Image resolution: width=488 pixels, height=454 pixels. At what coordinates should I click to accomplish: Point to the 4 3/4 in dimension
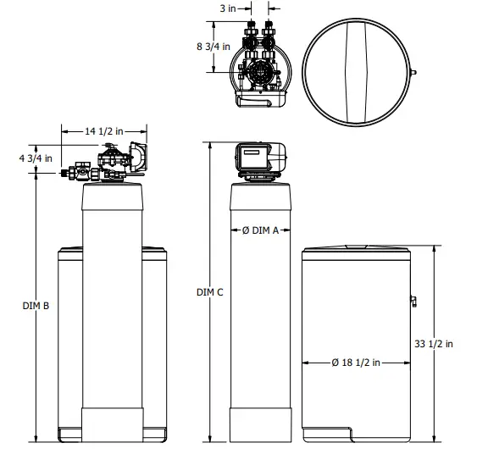tap(36, 158)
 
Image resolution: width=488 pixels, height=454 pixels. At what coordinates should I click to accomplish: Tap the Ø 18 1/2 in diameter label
tap(355, 363)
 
